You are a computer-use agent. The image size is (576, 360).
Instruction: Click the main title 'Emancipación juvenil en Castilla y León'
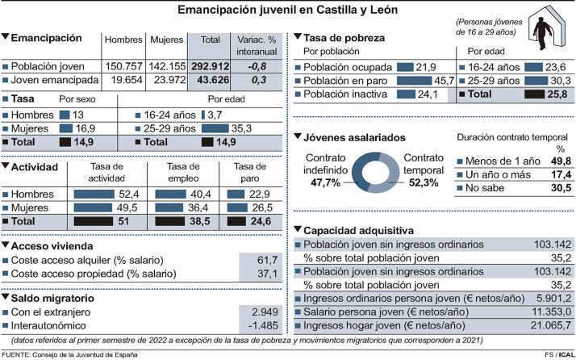[x=287, y=10]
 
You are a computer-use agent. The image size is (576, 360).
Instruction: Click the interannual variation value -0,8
[x=257, y=66]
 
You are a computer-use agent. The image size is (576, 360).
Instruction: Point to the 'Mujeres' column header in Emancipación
[x=166, y=39]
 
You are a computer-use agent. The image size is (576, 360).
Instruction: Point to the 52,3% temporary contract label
[x=423, y=183]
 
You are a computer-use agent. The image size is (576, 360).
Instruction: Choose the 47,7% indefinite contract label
[x=326, y=183]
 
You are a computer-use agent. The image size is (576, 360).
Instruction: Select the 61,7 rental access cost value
[x=267, y=260]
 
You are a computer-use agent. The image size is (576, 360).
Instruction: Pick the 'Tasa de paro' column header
[x=250, y=172]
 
